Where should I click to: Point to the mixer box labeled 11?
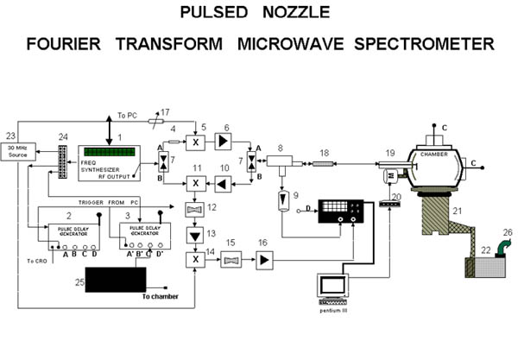(x=197, y=183)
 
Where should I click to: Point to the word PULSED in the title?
(x=213, y=14)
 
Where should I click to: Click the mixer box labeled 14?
(x=197, y=257)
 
